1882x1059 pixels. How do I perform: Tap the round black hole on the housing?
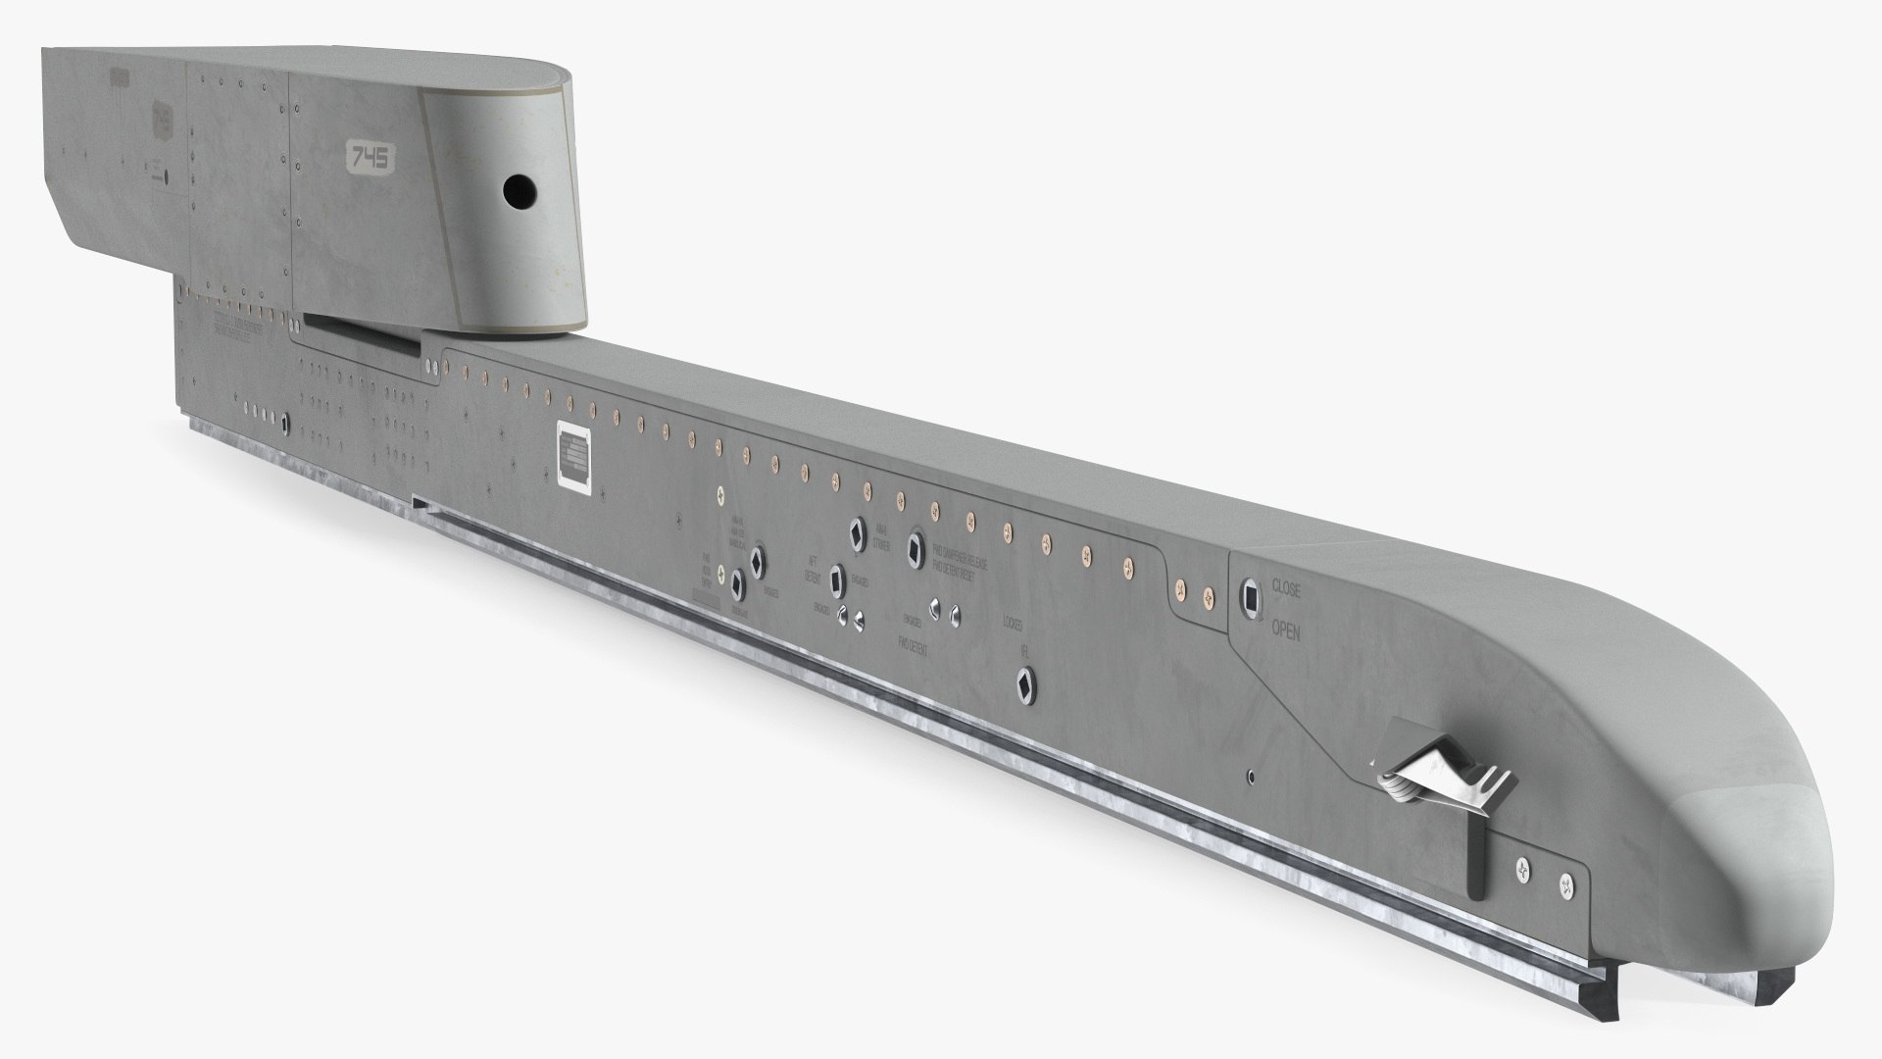point(517,191)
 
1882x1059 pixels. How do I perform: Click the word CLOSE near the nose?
point(1286,589)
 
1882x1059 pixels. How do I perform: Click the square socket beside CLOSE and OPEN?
point(1252,596)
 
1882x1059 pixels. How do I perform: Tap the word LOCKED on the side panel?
point(1014,623)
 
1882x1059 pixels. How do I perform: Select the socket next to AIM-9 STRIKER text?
point(859,530)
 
